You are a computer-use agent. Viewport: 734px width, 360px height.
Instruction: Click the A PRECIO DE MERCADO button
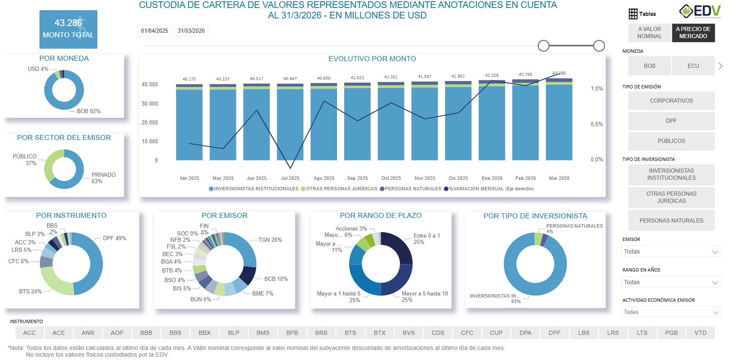693,33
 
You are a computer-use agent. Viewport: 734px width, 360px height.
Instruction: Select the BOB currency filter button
649,66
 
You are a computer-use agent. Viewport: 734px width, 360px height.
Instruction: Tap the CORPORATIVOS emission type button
671,101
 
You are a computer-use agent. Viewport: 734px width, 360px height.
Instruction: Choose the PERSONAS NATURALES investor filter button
671,220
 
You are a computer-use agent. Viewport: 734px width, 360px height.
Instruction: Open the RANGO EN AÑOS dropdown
671,282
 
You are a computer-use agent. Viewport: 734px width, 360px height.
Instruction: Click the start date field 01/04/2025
154,31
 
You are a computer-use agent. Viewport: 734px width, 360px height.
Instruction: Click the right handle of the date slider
599,46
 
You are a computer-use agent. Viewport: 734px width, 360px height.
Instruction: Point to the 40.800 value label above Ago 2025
324,78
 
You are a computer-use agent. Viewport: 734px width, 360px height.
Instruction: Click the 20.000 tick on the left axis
150,122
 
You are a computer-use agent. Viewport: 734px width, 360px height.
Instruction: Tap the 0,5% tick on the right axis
597,124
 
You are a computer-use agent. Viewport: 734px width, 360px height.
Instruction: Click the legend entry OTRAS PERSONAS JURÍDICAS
341,189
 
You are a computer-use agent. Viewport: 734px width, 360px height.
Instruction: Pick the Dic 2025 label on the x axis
458,178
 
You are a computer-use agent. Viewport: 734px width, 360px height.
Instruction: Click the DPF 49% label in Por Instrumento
114,238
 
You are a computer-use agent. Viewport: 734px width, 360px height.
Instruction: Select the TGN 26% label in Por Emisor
270,240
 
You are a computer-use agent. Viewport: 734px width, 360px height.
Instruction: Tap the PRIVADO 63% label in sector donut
103,178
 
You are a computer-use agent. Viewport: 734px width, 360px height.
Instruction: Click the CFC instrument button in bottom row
467,333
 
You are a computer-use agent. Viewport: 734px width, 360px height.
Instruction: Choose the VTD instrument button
700,333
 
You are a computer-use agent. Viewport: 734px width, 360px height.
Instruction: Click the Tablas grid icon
633,14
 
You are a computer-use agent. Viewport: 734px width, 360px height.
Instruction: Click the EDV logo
700,11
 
